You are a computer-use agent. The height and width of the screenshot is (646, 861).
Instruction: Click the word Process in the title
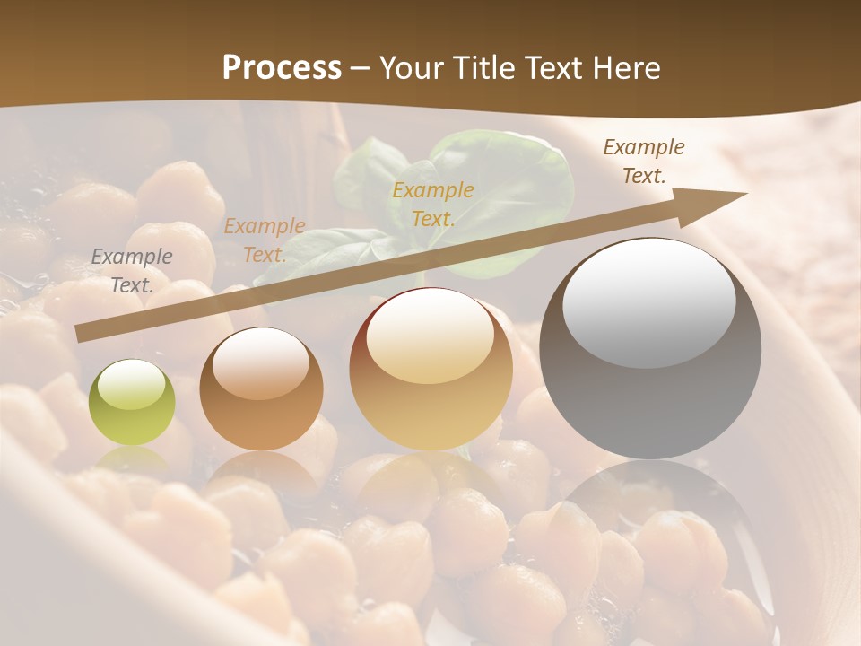(x=282, y=68)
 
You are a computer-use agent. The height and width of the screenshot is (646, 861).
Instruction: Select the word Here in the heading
(x=627, y=68)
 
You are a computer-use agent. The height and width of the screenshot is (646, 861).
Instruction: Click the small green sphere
(x=132, y=402)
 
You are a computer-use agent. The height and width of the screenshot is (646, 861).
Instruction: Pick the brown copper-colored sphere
(x=261, y=389)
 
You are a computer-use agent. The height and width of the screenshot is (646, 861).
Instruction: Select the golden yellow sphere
(x=430, y=370)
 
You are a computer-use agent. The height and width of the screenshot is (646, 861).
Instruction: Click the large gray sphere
(x=650, y=348)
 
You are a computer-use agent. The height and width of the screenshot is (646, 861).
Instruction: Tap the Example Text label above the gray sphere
(x=643, y=161)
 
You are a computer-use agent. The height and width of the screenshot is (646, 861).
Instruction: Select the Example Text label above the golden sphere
(x=432, y=205)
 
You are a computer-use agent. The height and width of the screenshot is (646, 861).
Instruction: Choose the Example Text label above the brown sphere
(x=265, y=240)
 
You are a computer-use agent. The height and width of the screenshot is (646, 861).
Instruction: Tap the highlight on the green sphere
(x=131, y=385)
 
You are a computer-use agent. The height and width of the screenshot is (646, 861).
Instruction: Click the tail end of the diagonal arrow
(x=81, y=334)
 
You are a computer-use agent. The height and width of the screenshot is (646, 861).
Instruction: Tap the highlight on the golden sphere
(x=429, y=337)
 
